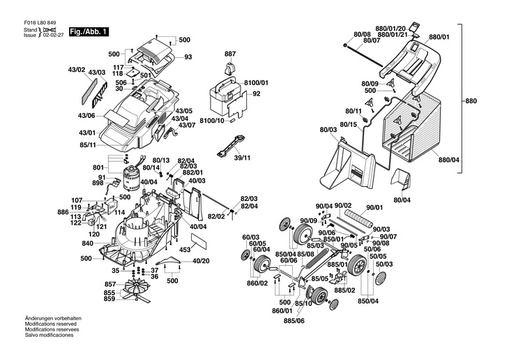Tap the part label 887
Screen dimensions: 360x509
(x=230, y=54)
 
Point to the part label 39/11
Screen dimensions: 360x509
(x=242, y=158)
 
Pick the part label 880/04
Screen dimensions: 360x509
(x=449, y=160)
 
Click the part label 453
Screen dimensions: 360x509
(x=185, y=249)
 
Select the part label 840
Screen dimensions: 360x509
(x=87, y=243)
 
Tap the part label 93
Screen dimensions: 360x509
(x=188, y=57)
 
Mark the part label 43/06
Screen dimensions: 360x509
(x=86, y=115)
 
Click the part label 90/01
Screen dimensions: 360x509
(x=375, y=207)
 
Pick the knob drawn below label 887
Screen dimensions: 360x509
(x=229, y=68)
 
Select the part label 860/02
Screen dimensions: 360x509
(x=257, y=283)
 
